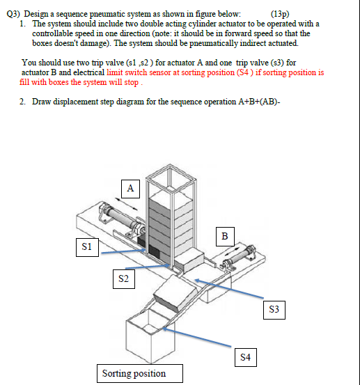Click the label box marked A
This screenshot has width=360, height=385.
(x=130, y=187)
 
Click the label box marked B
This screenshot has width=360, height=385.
(x=224, y=235)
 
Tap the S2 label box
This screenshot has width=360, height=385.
(x=124, y=279)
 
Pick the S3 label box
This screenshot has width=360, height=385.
(x=275, y=308)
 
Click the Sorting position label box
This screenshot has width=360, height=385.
(x=134, y=373)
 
